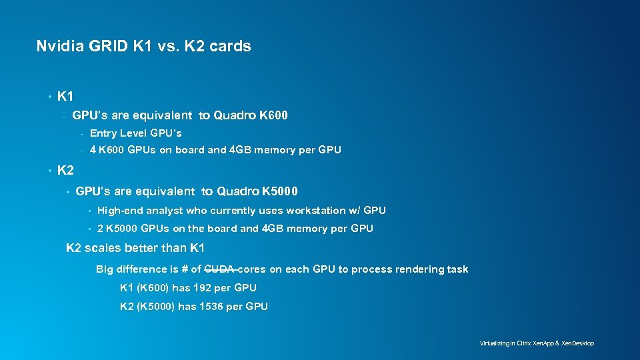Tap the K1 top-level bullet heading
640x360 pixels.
65,97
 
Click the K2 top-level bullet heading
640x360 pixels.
65,170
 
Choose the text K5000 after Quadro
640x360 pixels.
280,191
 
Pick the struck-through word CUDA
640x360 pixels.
219,269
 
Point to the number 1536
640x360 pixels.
210,307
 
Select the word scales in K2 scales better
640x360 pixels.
103,248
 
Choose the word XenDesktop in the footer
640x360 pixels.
578,343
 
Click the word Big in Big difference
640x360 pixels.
105,269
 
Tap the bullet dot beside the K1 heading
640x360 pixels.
50,97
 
